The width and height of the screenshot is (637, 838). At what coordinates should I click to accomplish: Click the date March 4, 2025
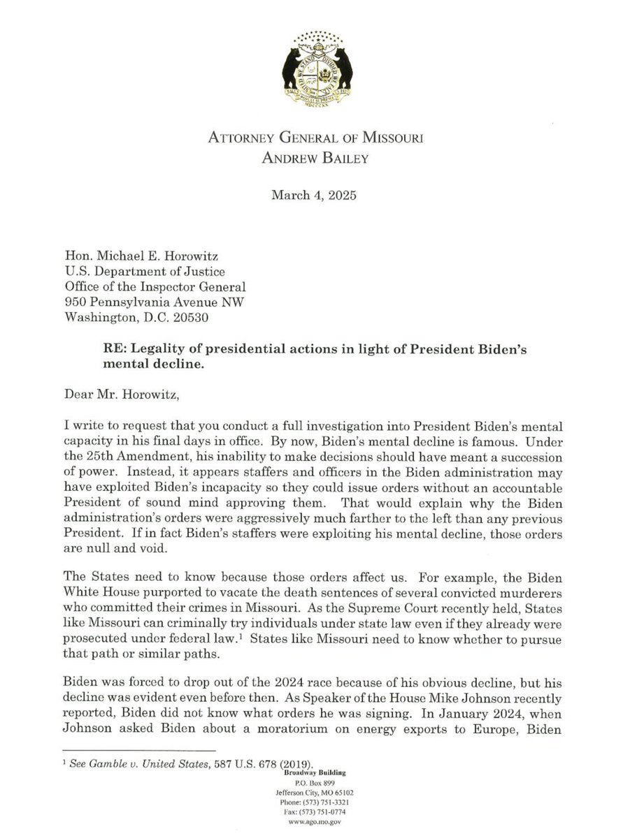tap(314, 196)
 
